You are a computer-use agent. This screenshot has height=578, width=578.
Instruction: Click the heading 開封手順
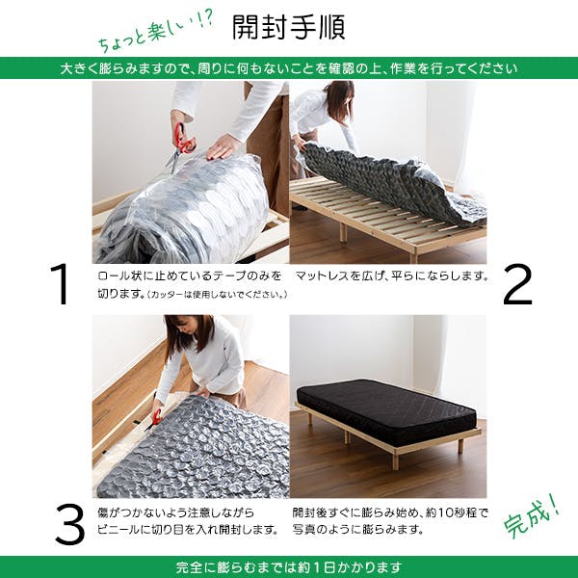point(289,26)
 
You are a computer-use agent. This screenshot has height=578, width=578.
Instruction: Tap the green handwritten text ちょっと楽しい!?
point(154,36)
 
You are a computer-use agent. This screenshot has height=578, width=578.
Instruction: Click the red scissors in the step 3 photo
point(155,416)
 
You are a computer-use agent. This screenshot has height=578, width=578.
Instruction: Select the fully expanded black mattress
point(385,409)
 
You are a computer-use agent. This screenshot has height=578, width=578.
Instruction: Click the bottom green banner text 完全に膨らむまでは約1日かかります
point(289,566)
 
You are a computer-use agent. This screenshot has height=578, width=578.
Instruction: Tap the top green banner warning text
point(289,68)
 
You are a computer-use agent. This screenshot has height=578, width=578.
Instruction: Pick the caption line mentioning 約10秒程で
point(390,512)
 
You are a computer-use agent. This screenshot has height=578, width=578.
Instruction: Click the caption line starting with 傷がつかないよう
point(183,512)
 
